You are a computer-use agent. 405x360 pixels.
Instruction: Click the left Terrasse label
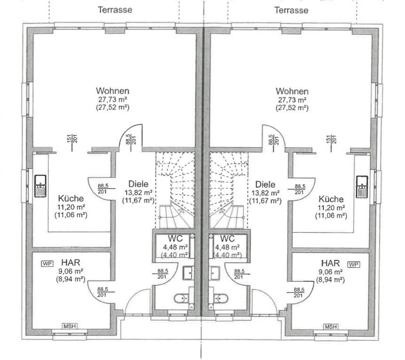[115, 9]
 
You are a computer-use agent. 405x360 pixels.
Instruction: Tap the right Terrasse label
[291, 10]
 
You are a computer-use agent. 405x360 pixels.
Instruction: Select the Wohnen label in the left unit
[113, 91]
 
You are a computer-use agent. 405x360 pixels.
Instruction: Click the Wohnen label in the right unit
[292, 91]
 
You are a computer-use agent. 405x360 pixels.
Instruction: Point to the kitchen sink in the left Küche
[40, 185]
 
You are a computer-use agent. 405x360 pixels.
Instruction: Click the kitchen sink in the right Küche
[362, 186]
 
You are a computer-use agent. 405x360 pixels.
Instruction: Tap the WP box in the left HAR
[47, 264]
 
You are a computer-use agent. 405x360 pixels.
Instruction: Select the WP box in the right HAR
[354, 264]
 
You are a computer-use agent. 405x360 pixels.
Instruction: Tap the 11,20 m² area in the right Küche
[331, 208]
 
